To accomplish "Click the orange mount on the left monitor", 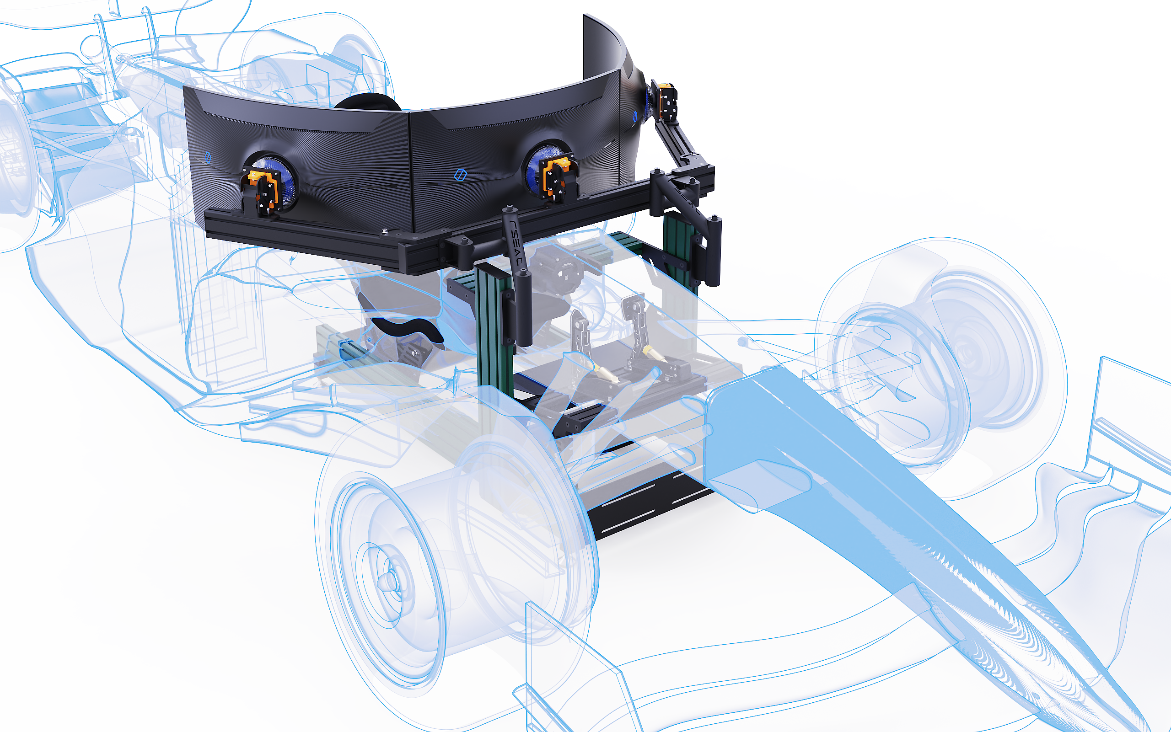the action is (262, 190).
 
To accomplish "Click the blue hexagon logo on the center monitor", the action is (460, 175).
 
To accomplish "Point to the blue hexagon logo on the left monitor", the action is (208, 157).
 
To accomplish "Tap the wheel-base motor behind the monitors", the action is (562, 271).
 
